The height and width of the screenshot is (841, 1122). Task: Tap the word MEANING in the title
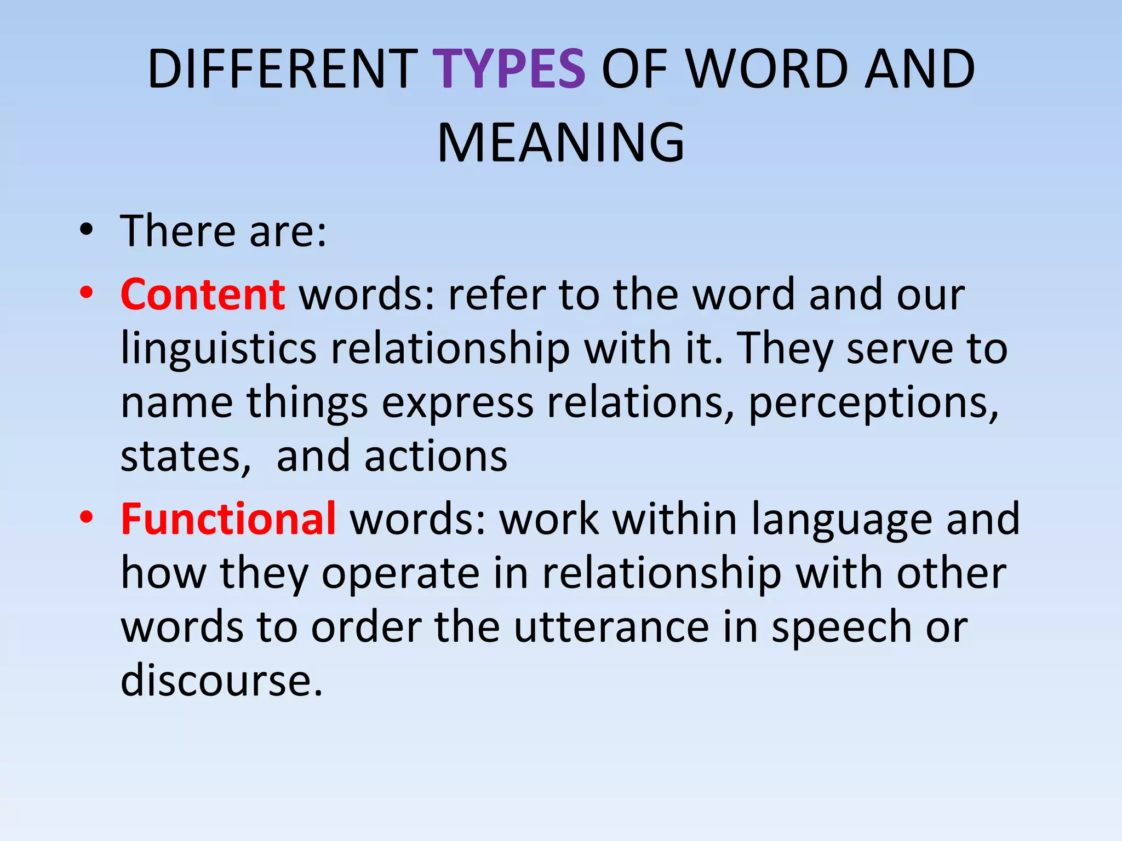561,142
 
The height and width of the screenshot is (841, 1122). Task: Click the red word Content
202,294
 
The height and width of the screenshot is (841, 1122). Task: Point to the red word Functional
228,519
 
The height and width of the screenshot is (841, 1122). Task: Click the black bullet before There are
86,231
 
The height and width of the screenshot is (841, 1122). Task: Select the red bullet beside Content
86,293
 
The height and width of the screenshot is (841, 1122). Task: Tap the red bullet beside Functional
86,517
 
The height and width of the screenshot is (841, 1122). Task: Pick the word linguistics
218,349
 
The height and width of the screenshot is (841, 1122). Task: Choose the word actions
436,456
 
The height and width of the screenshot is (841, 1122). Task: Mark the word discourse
221,681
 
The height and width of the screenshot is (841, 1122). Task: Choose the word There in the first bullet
178,231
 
